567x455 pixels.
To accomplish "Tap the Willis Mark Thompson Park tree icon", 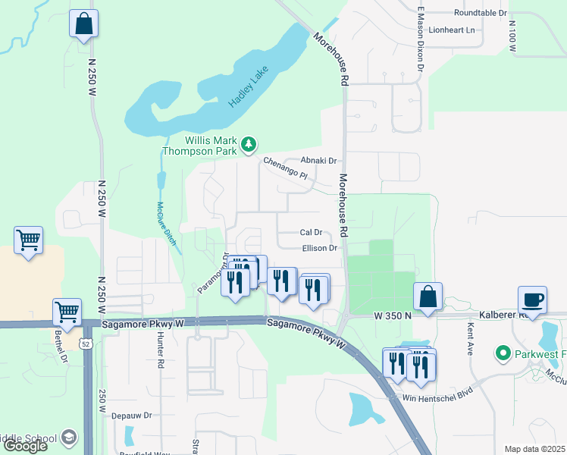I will click(248, 144).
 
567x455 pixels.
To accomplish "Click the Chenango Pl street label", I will click(289, 168).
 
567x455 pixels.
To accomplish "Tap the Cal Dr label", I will click(312, 232).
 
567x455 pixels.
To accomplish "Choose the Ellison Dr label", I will click(318, 248).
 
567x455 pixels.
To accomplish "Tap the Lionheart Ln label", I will click(451, 30).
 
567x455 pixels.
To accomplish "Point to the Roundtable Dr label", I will click(480, 13).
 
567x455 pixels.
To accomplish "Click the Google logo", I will click(25, 446).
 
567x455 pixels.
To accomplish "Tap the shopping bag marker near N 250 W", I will click(84, 24).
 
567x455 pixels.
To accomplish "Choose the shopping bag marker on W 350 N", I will click(428, 297).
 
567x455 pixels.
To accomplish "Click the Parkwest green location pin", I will click(501, 353).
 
